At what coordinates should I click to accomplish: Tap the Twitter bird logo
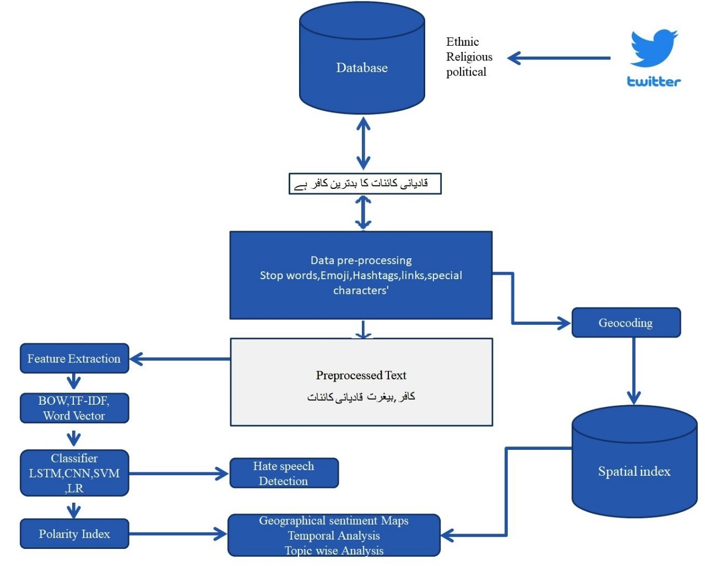click(654, 48)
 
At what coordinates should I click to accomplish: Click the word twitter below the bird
click(654, 81)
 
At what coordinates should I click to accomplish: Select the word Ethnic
click(462, 42)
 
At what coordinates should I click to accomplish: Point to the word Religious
click(469, 57)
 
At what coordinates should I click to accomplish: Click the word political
click(466, 72)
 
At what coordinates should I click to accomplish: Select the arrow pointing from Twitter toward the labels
click(558, 58)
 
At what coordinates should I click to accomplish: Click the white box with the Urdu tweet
click(365, 184)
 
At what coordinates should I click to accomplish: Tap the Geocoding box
click(626, 323)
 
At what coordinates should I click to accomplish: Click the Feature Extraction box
click(74, 358)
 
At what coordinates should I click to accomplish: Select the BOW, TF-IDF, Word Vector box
click(74, 408)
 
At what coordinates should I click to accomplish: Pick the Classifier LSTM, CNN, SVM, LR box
click(74, 473)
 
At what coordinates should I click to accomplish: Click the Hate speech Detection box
click(284, 474)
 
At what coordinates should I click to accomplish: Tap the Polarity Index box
click(74, 534)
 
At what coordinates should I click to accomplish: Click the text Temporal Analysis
click(334, 536)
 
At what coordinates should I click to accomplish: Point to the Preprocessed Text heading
click(361, 375)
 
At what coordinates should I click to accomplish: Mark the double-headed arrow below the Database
click(363, 143)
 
